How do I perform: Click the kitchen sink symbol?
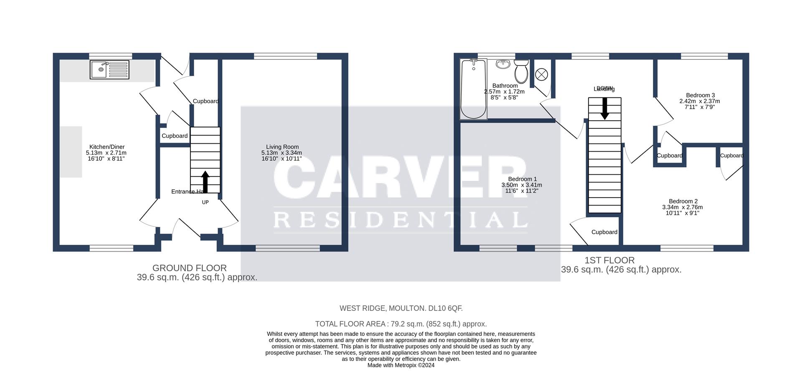pyautogui.click(x=110, y=69)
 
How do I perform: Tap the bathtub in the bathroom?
pyautogui.click(x=473, y=89)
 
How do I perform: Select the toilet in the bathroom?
pyautogui.click(x=521, y=71)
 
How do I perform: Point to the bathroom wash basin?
pyautogui.click(x=503, y=64)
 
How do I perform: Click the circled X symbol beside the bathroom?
pyautogui.click(x=541, y=75)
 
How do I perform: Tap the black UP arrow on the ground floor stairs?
pyautogui.click(x=205, y=181)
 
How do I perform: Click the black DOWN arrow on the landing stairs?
pyautogui.click(x=604, y=108)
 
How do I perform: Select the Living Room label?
pyautogui.click(x=282, y=147)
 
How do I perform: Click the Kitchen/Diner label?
pyautogui.click(x=107, y=147)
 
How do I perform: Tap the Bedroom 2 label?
pyautogui.click(x=683, y=201)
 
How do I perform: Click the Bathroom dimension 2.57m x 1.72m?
pyautogui.click(x=504, y=92)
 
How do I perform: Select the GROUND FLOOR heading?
pyautogui.click(x=189, y=268)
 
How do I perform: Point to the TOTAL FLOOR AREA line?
pyautogui.click(x=401, y=324)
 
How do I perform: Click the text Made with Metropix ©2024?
pyautogui.click(x=401, y=365)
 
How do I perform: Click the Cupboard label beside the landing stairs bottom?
pyautogui.click(x=604, y=232)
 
